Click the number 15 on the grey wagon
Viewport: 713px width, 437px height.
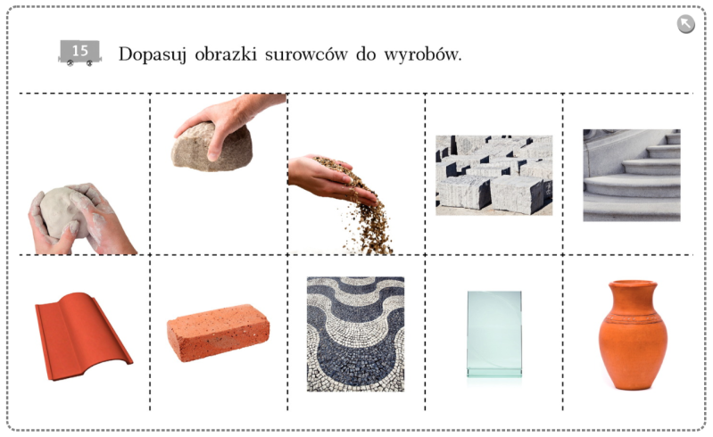[x=80, y=50]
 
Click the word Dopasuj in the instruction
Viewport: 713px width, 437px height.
[x=153, y=55]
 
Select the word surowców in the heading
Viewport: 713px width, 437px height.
[x=306, y=54]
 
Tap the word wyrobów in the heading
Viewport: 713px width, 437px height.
[x=422, y=54]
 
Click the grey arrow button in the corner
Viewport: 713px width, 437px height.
[x=685, y=24]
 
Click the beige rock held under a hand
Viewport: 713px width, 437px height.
[x=211, y=148]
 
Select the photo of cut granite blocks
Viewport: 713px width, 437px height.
[x=494, y=175]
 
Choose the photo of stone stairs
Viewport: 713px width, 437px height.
[x=632, y=176]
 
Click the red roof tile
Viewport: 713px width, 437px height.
[x=82, y=336]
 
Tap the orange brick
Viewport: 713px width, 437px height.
[x=218, y=332]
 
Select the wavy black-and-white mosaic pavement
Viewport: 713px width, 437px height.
[x=355, y=334]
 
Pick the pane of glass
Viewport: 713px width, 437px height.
[x=494, y=334]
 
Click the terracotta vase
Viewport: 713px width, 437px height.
[x=633, y=334]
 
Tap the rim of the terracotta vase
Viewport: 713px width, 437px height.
[x=633, y=284]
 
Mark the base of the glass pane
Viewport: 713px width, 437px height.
[x=494, y=373]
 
